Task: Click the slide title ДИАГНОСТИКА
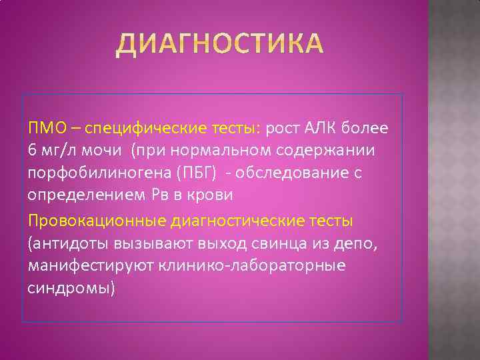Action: (x=220, y=45)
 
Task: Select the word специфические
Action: (x=127, y=128)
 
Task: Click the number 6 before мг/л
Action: (x=32, y=151)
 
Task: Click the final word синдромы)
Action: (x=71, y=289)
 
